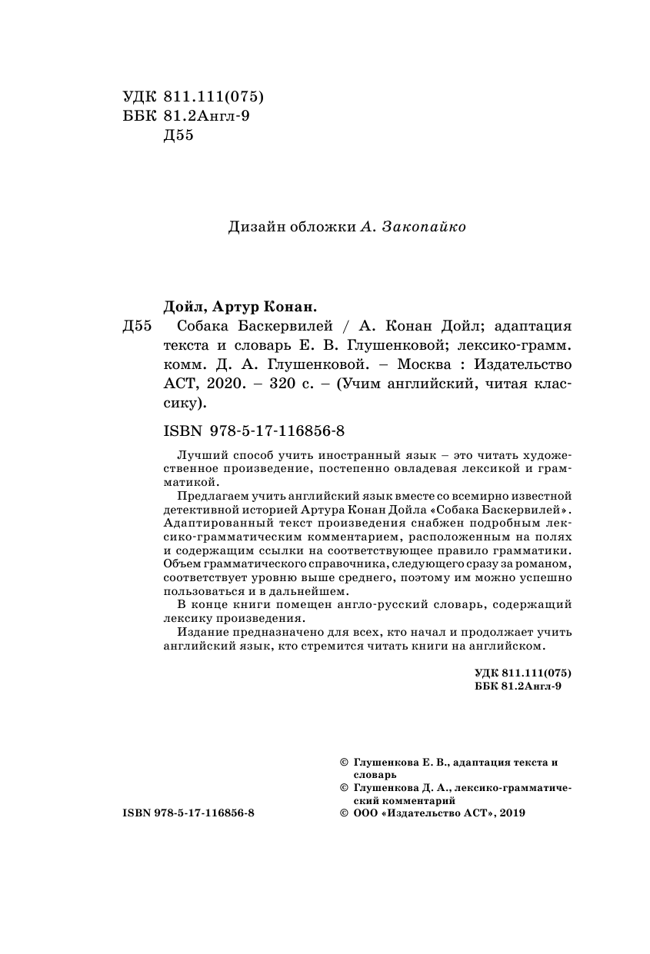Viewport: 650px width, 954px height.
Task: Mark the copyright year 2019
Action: click(512, 813)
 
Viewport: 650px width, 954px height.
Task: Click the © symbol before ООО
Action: click(343, 813)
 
